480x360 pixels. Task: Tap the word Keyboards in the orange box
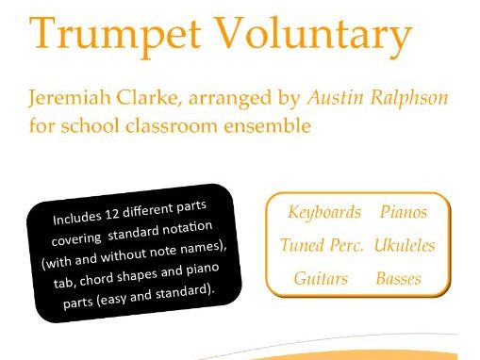[324, 212]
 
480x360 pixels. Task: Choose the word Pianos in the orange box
[404, 212]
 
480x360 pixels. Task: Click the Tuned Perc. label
[321, 245]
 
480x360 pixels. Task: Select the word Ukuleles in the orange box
[404, 245]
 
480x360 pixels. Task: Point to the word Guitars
[321, 278]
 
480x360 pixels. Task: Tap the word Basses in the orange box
[398, 278]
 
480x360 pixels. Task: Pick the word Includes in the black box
[78, 220]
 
